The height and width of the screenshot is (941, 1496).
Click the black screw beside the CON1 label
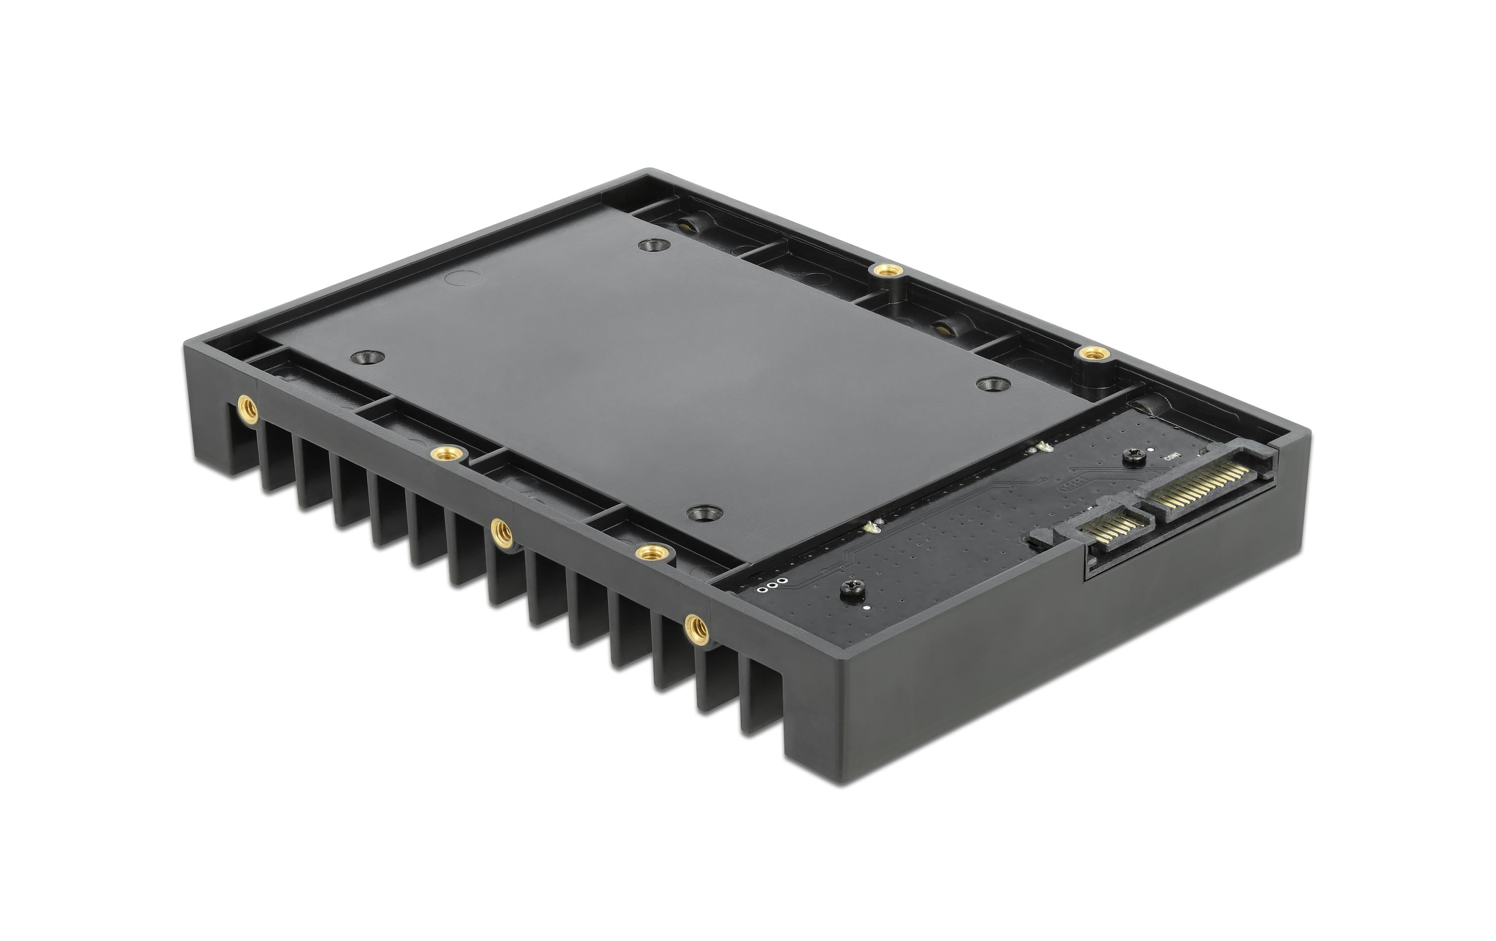[x=1135, y=457]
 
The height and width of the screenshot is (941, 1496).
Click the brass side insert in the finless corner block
[x=248, y=409]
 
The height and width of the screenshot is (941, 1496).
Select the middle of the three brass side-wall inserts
[x=501, y=532]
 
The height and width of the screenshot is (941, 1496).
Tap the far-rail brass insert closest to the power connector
[x=1094, y=353]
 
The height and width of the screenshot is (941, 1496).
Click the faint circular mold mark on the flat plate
[x=463, y=278]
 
